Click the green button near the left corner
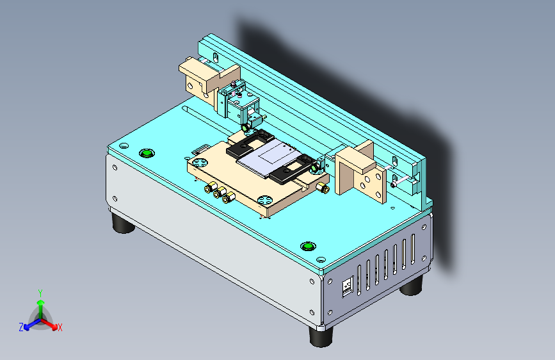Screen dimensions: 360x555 147,152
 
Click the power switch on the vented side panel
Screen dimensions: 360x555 347,286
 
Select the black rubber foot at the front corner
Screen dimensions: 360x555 321,336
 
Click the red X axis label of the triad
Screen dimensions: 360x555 60,327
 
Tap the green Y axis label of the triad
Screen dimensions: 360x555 40,292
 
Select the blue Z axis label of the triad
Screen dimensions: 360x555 21,327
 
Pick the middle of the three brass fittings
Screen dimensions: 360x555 218,193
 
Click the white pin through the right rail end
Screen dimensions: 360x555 401,183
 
